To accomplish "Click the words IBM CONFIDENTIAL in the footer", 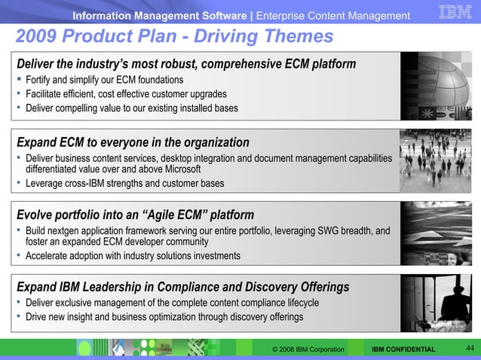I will pos(403,349).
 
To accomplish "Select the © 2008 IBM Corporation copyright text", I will pos(308,349).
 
